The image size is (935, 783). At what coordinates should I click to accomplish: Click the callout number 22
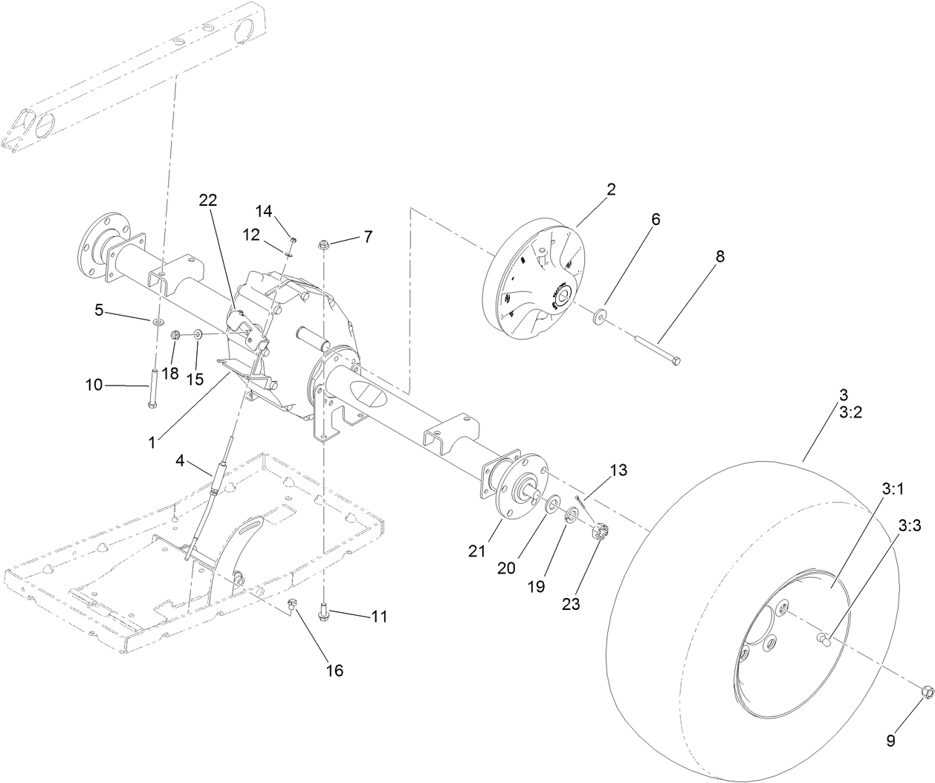click(x=208, y=201)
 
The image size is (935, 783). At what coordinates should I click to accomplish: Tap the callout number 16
click(x=334, y=670)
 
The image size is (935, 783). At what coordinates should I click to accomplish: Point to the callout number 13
click(x=618, y=470)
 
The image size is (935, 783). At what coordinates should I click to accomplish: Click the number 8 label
click(x=719, y=256)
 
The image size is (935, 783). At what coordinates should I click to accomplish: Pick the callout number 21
click(x=476, y=551)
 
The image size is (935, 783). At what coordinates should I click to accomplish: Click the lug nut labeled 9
click(x=927, y=692)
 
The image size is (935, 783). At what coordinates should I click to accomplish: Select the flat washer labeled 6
click(x=599, y=319)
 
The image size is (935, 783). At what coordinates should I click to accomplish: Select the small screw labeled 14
click(x=293, y=239)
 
